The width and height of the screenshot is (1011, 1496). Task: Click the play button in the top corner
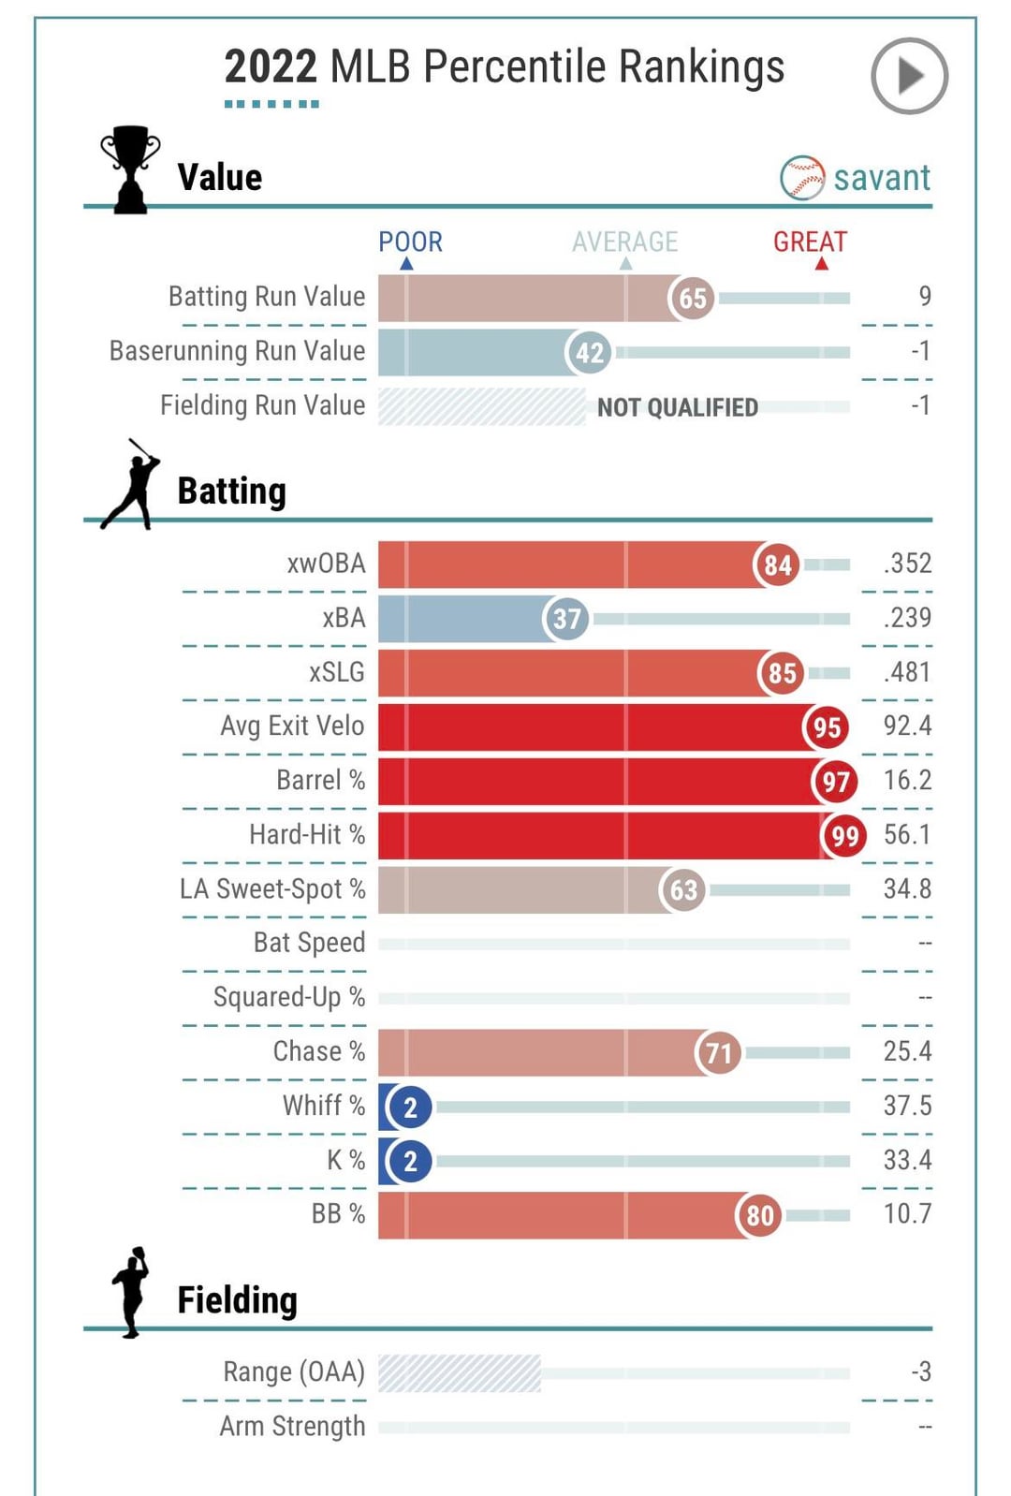(x=909, y=76)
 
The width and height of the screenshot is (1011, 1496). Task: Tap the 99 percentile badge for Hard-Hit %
(x=844, y=836)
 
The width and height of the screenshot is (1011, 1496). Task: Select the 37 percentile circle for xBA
(x=566, y=619)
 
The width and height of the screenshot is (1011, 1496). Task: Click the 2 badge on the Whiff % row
(x=409, y=1107)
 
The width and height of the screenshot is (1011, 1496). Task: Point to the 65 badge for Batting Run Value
(x=692, y=299)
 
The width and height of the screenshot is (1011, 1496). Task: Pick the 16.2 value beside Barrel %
(x=907, y=780)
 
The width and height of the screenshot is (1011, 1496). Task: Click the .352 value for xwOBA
(x=907, y=564)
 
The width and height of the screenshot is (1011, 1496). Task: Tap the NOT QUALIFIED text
(x=678, y=407)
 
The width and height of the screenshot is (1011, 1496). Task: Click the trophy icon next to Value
(x=130, y=169)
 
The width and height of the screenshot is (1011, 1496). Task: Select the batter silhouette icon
(x=131, y=485)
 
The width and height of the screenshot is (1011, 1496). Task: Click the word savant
(x=882, y=178)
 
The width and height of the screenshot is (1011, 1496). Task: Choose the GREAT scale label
(x=810, y=242)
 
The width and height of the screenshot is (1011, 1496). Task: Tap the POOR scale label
(x=410, y=242)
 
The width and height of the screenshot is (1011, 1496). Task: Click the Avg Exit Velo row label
(x=292, y=726)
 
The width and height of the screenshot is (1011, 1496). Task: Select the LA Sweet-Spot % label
(x=272, y=888)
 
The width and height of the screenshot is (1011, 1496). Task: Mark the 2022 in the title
(x=271, y=67)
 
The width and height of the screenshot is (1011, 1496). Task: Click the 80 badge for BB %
(x=759, y=1215)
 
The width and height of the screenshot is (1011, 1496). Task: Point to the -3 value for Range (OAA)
(x=921, y=1371)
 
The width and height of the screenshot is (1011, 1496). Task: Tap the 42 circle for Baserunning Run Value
(x=589, y=353)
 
